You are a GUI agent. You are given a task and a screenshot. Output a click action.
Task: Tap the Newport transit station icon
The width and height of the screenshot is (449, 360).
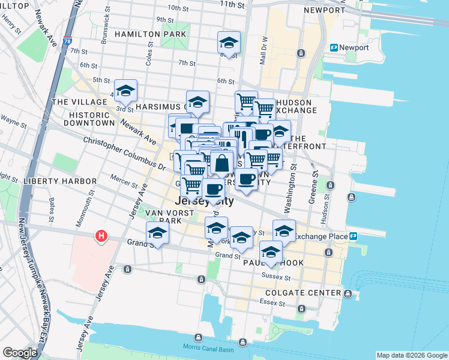point(334,47)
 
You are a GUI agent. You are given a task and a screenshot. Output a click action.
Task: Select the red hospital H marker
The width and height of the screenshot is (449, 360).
point(102,236)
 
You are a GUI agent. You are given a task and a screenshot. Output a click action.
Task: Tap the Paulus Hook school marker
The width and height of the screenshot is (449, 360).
point(271,252)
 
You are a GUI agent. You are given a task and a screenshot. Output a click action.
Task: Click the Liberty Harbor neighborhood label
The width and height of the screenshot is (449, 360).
point(59,181)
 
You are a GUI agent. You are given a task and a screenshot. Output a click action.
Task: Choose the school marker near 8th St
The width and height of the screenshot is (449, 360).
point(228,43)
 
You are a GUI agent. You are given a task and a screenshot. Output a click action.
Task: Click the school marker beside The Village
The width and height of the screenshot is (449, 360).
point(125,91)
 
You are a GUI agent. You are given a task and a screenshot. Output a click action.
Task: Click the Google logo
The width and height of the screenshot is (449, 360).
point(20,353)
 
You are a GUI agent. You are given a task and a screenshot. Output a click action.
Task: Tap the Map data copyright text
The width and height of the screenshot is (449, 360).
point(411,355)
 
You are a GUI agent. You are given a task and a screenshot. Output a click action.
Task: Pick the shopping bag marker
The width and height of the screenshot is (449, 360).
point(221,163)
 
